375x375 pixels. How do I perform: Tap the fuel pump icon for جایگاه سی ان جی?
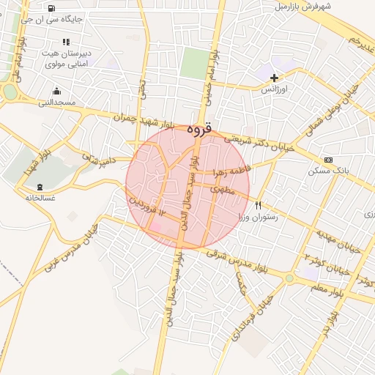pos(50,9)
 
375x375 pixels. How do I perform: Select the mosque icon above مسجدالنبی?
pos(57,92)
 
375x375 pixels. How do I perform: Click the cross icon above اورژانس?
pos(274,77)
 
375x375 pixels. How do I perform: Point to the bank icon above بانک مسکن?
pos(327,160)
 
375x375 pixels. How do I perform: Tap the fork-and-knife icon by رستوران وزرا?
pos(258,205)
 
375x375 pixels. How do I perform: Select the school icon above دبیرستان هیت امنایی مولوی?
pos(66,42)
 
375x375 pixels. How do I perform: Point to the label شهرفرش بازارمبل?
pos(303,7)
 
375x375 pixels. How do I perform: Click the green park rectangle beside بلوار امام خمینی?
pos(194,63)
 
